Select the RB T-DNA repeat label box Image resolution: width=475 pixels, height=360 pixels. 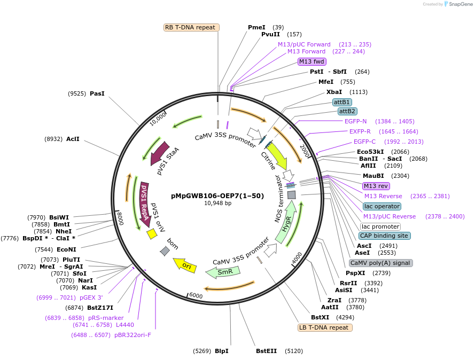pyautogui.click(x=191, y=27)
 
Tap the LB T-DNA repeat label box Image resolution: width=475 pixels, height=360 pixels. pyautogui.click(x=325, y=327)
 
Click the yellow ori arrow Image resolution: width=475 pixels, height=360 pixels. pyautogui.click(x=185, y=265)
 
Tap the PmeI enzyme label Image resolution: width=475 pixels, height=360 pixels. pyautogui.click(x=256, y=27)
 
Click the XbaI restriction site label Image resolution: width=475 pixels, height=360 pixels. pyautogui.click(x=334, y=92)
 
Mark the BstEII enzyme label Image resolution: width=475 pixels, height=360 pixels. pyautogui.click(x=266, y=351)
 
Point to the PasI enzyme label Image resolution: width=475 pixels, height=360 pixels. pyautogui.click(x=97, y=93)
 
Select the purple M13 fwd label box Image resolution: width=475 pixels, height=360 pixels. pyautogui.click(x=312, y=61)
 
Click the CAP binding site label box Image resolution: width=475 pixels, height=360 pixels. pyautogui.click(x=384, y=236)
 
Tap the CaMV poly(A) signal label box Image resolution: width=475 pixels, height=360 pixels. pyautogui.click(x=380, y=263)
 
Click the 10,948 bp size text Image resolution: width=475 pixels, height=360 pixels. pyautogui.click(x=218, y=204)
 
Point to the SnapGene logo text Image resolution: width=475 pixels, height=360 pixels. pyautogui.click(x=461, y=4)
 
